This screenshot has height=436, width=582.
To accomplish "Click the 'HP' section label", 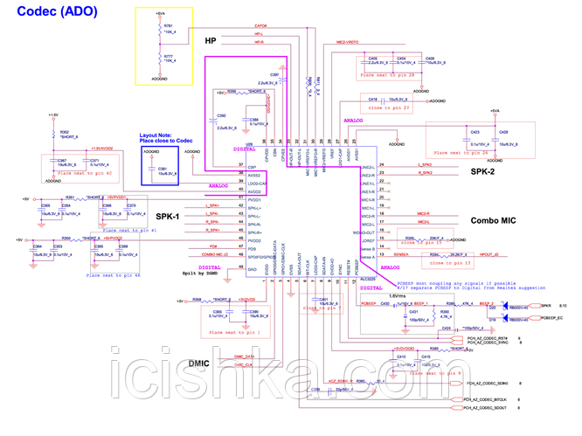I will click(211, 41).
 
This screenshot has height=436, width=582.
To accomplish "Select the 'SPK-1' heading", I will click(168, 215).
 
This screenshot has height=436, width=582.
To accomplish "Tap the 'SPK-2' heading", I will click(483, 171).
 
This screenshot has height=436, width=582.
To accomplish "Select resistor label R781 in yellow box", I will click(168, 27).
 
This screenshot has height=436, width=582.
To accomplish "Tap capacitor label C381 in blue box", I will click(163, 169).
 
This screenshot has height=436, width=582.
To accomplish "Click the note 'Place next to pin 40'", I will click(85, 173).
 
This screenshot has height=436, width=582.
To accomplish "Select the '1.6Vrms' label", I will click(398, 295).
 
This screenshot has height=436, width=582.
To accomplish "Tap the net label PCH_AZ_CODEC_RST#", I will click(491, 336).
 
